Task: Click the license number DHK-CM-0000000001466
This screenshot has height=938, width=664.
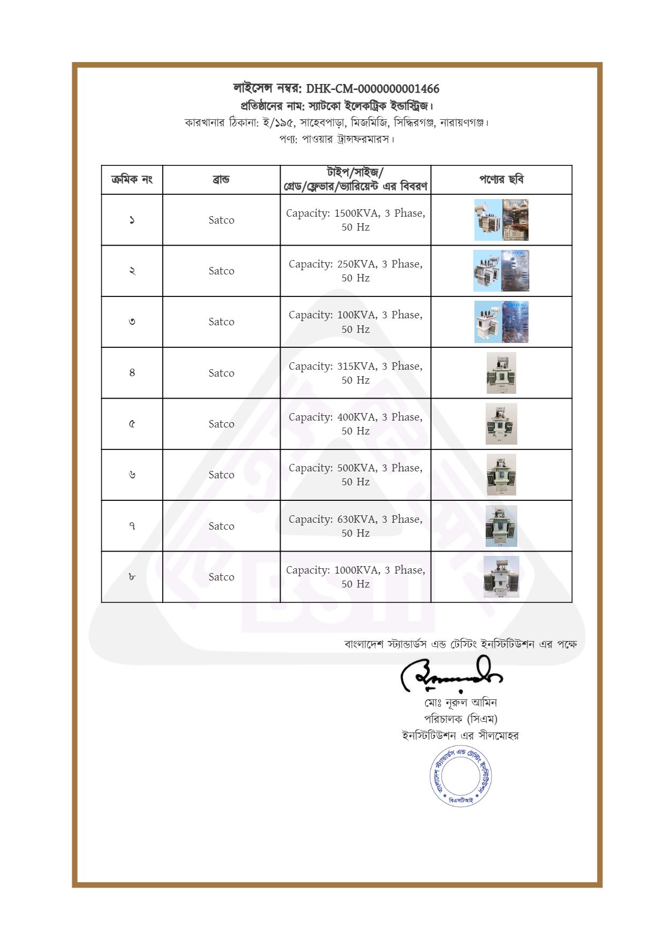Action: click(x=372, y=89)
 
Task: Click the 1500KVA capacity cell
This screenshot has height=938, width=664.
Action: click(x=356, y=220)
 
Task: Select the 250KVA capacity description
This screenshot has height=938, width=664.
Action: click(x=356, y=271)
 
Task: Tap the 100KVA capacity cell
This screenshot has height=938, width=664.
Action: click(x=356, y=322)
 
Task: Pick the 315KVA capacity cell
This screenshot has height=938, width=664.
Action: click(x=356, y=373)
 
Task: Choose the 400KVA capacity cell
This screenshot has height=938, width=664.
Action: click(x=356, y=424)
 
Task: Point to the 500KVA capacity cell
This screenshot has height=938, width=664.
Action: click(x=356, y=475)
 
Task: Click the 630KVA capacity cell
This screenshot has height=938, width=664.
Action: click(x=356, y=526)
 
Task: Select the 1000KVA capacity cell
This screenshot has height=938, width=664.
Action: click(x=356, y=577)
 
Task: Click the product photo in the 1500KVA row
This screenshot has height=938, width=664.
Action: click(x=501, y=220)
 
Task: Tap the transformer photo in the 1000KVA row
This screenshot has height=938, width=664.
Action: click(x=501, y=577)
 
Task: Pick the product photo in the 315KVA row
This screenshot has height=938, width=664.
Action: click(x=501, y=373)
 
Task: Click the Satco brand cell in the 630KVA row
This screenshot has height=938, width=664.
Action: click(x=221, y=526)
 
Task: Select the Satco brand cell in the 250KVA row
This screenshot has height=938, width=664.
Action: click(x=221, y=271)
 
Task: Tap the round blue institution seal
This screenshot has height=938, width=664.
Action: click(x=461, y=776)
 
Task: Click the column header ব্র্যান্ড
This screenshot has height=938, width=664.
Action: click(x=221, y=180)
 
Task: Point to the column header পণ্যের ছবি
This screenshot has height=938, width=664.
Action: click(x=501, y=180)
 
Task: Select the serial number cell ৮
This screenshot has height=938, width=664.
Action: click(x=132, y=577)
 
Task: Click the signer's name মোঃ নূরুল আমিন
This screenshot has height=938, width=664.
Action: click(x=461, y=703)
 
